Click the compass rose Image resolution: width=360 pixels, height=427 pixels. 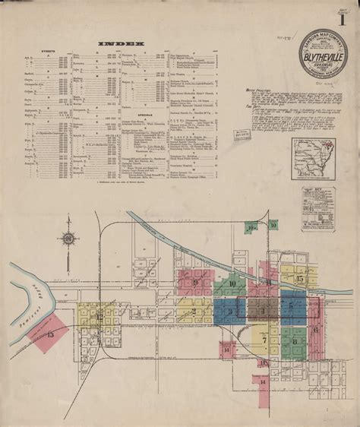(x=69, y=238)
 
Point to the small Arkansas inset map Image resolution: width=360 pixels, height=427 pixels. (x=312, y=157)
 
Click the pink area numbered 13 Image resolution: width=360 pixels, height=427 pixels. (x=50, y=334)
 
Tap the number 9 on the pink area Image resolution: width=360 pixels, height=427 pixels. (x=195, y=283)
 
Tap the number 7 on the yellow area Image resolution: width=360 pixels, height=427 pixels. (x=263, y=340)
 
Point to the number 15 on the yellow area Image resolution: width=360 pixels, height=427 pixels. (x=300, y=280)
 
